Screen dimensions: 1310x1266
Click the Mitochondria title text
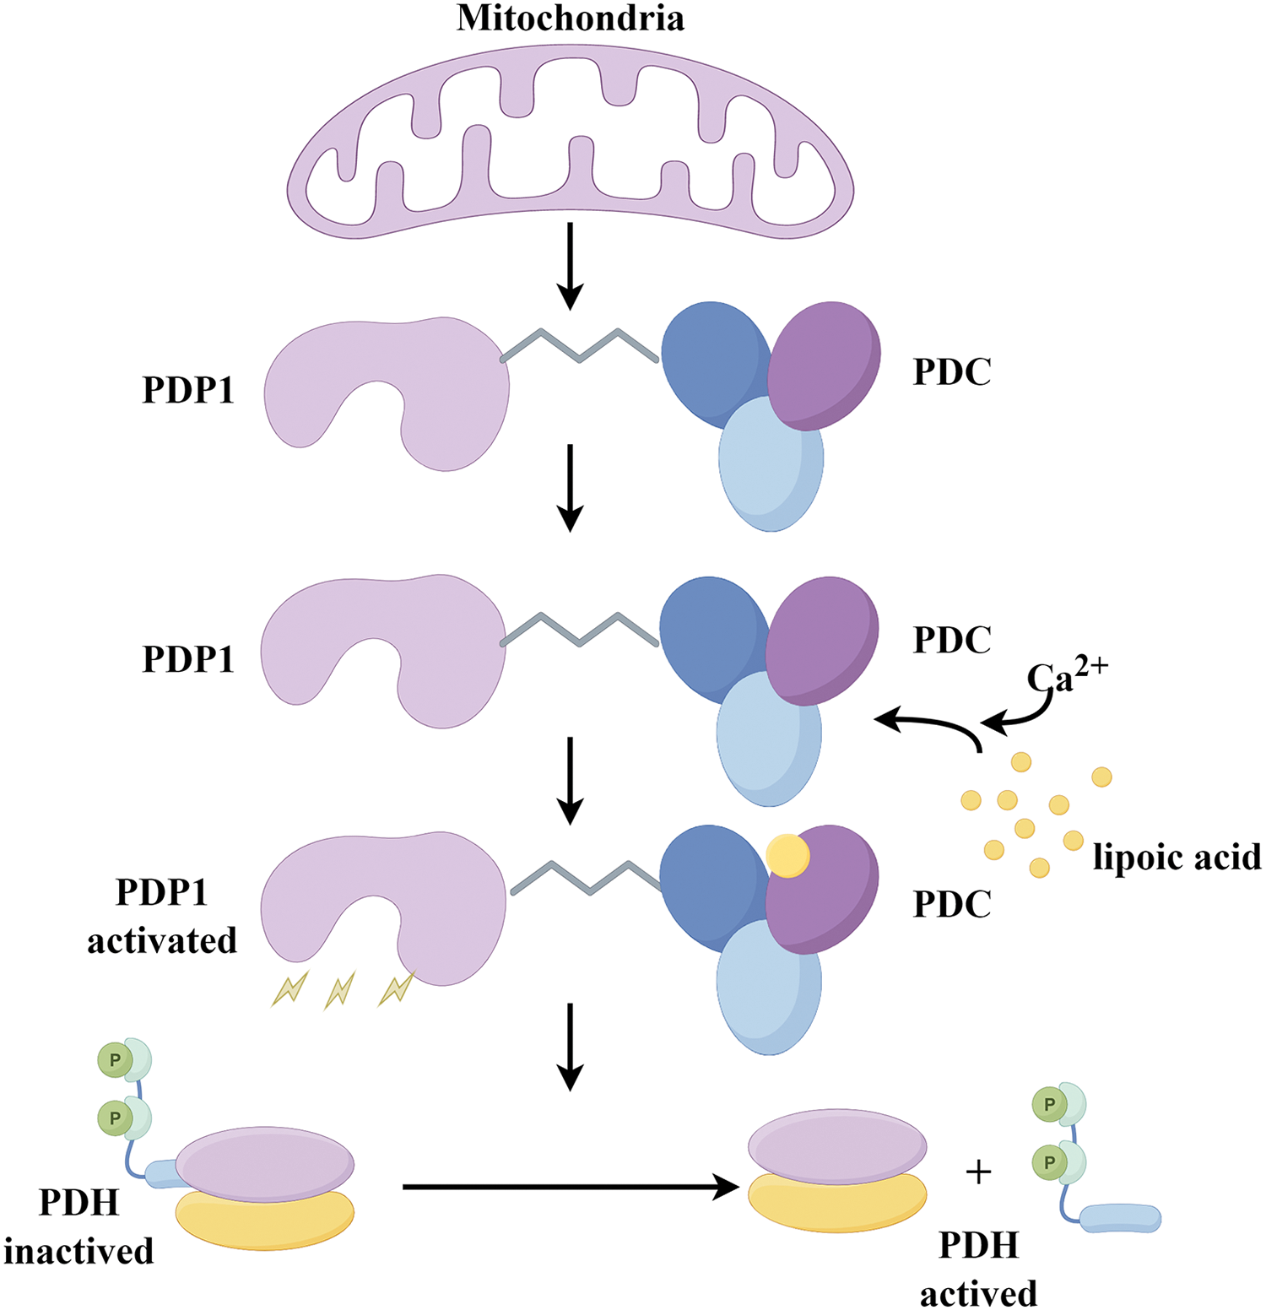pos(571,19)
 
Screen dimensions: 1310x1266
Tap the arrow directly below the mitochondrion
pos(571,265)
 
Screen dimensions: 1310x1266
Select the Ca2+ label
pos(1067,676)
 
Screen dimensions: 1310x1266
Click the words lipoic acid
pos(1177,857)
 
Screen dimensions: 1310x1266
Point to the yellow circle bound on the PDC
pos(787,856)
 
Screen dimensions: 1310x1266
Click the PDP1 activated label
pos(162,916)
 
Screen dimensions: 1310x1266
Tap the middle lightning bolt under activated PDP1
pos(339,990)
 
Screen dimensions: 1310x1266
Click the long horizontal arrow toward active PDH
pos(570,1187)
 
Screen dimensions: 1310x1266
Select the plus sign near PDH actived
pos(978,1172)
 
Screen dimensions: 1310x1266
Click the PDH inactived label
pos(78,1226)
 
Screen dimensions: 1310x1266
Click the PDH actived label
pos(978,1269)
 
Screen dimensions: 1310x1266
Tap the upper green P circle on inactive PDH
pos(115,1060)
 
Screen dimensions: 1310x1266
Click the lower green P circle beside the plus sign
pos(1049,1162)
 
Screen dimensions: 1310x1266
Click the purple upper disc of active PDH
pos(837,1145)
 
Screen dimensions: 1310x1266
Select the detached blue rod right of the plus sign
pos(1122,1218)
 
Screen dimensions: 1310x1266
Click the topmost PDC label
pos(952,372)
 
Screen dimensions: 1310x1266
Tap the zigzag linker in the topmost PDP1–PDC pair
pos(580,346)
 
